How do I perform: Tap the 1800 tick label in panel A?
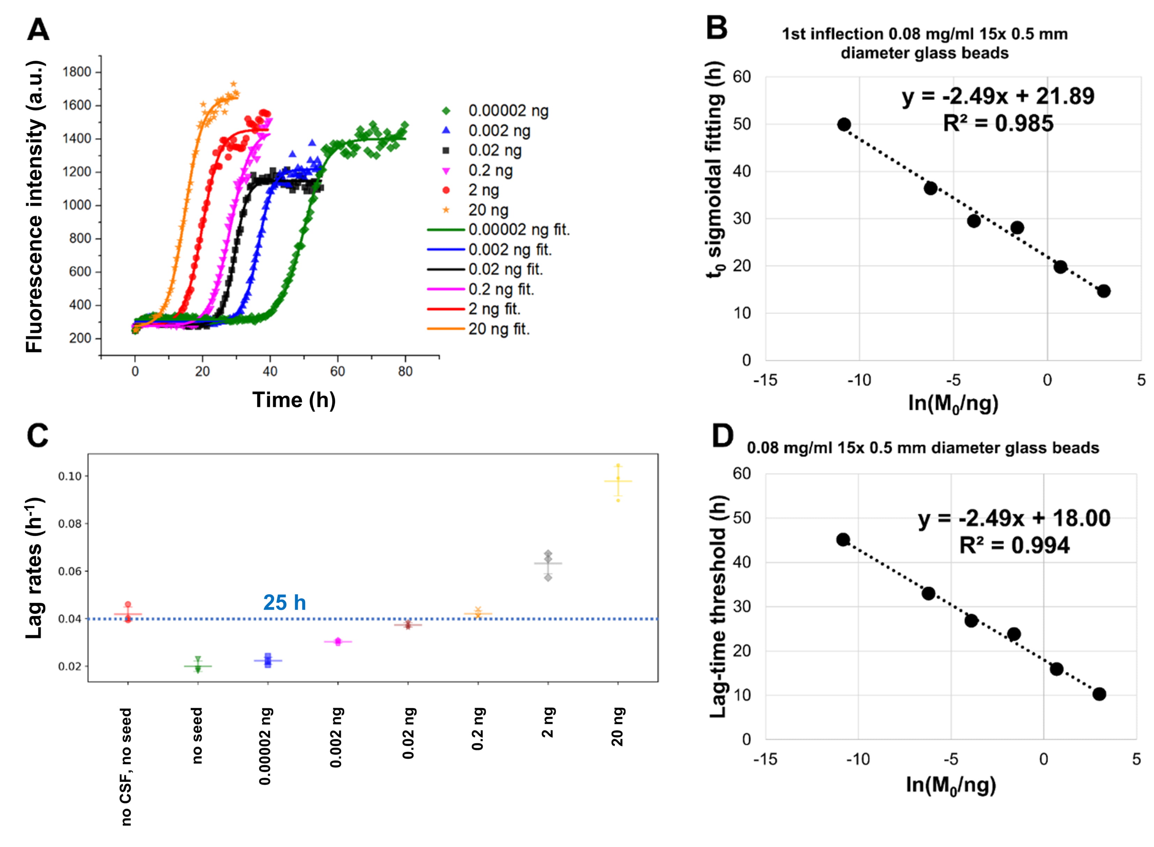[x=77, y=72]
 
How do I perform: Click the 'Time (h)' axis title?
[x=294, y=400]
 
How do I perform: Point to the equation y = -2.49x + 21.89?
[x=998, y=96]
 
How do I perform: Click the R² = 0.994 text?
[x=1014, y=545]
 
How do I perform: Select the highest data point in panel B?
[x=844, y=125]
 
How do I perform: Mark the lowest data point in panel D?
[x=1099, y=694]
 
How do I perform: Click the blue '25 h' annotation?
[x=284, y=602]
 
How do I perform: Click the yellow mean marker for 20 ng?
[x=618, y=481]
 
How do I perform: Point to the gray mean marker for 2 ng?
[x=548, y=563]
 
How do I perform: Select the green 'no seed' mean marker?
[x=198, y=667]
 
